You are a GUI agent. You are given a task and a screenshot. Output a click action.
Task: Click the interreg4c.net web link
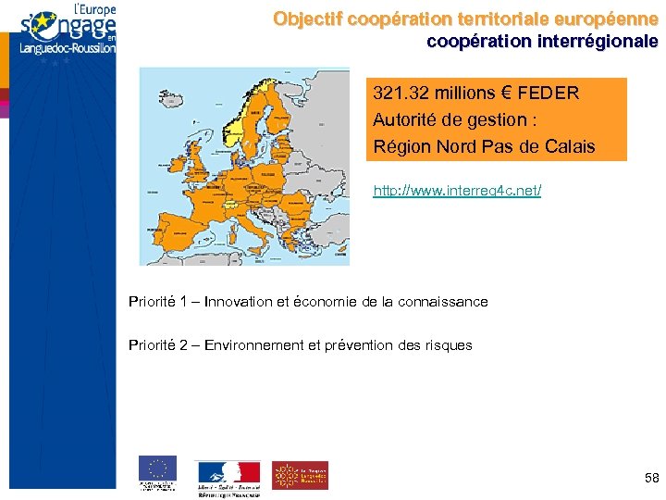pos(457,191)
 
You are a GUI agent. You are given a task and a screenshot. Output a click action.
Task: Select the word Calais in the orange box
pos(570,146)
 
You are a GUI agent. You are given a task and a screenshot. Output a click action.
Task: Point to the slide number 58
pos(651,478)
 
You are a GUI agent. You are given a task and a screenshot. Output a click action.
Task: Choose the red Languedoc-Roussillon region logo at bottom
pos(300,475)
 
